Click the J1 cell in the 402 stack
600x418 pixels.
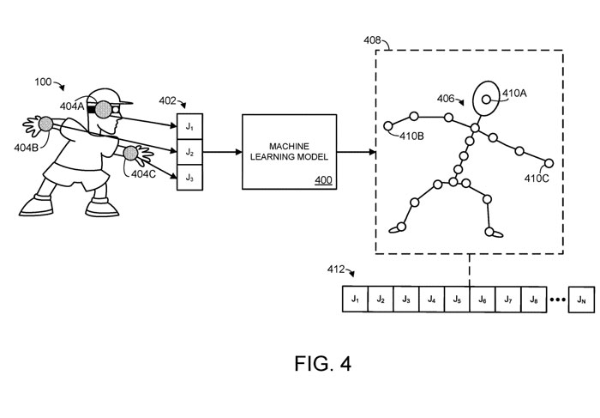pyautogui.click(x=189, y=127)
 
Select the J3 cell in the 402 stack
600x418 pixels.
pyautogui.click(x=189, y=178)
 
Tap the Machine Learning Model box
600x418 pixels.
pyautogui.click(x=289, y=151)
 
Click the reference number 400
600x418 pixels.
pyautogui.click(x=324, y=179)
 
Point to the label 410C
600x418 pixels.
pyautogui.click(x=540, y=178)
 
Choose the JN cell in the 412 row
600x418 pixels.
pyautogui.click(x=580, y=300)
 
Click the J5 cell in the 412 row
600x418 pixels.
pyautogui.click(x=457, y=300)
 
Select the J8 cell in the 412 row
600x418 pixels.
pyautogui.click(x=533, y=300)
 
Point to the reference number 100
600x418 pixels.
pyautogui.click(x=42, y=82)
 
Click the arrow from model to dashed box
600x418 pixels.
pyautogui.click(x=355, y=152)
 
